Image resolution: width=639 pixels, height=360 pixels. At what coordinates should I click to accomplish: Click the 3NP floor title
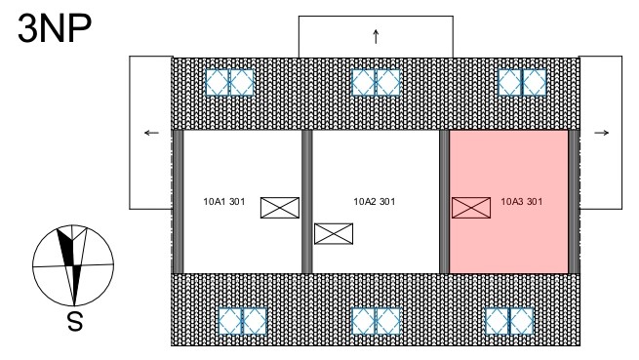55,27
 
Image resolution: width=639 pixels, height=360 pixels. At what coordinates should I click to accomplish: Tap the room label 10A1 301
224,201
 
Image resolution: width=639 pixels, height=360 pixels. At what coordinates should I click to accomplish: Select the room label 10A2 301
374,201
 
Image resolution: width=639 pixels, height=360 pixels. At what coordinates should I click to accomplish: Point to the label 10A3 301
522,201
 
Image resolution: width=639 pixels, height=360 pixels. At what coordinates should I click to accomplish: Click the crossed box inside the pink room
471,208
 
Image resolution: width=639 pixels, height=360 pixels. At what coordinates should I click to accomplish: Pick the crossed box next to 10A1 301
280,208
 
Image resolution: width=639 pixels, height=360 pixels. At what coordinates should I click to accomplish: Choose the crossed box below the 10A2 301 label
334,234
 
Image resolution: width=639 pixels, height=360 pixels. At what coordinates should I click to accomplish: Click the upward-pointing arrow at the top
376,37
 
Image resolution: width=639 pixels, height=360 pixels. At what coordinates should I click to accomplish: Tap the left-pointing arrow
151,133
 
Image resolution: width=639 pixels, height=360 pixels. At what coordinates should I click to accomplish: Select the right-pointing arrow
602,133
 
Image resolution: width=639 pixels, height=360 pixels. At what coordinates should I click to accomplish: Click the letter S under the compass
75,322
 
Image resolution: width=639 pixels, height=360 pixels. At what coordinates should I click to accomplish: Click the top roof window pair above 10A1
230,82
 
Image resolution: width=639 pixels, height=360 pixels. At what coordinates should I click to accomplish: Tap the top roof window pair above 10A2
376,82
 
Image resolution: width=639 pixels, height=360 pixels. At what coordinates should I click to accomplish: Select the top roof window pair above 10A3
523,82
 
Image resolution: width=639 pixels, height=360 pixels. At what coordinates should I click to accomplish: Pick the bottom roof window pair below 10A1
243,321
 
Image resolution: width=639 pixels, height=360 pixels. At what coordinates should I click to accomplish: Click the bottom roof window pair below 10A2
376,321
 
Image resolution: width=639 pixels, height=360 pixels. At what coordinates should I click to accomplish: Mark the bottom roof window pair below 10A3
509,321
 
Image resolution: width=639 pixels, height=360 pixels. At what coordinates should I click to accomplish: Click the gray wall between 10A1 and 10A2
307,202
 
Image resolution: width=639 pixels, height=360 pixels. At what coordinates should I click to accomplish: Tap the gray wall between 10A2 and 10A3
444,202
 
